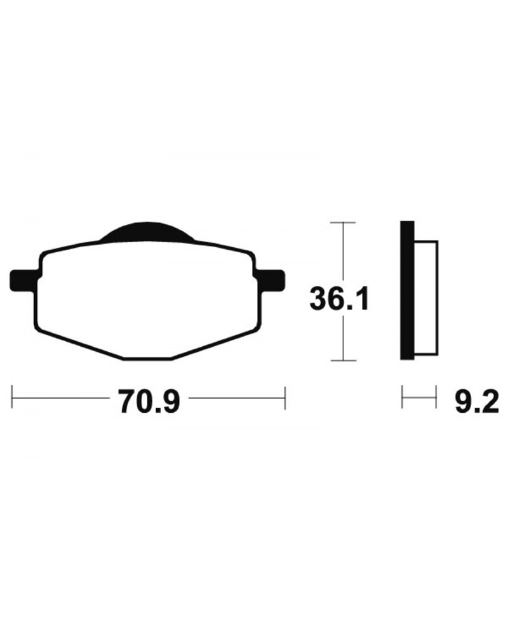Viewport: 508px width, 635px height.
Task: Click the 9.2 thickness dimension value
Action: (x=477, y=401)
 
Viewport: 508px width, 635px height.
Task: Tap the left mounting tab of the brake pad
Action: (x=24, y=280)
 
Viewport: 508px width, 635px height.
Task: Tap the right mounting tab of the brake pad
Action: (x=271, y=280)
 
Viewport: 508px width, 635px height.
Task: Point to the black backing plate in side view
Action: (x=407, y=290)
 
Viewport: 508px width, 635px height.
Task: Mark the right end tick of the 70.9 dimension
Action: (x=285, y=398)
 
